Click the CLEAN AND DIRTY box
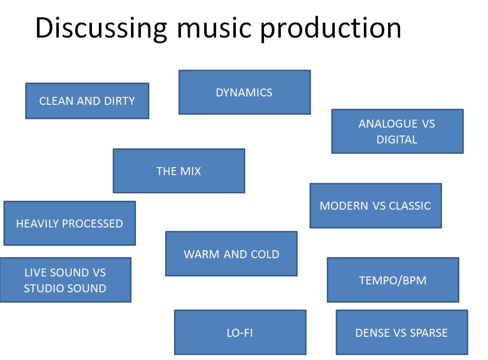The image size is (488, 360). pos(87,101)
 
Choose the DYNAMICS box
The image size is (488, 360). pos(244,92)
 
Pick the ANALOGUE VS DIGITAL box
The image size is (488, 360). pos(397,132)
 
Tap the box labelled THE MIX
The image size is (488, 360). pos(178,171)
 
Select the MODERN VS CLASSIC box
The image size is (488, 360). pos(375,206)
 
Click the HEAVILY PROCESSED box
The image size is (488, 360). pos(69,224)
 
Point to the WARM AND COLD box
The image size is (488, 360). pos(231,254)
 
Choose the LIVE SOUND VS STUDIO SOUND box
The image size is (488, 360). pos(65,280)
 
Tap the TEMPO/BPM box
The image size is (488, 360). pos(393,280)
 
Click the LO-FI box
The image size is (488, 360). pos(240,333)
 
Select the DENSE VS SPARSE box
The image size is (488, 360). pos(401,333)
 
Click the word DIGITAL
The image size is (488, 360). pos(397,139)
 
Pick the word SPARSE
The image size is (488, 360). pos(429,333)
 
